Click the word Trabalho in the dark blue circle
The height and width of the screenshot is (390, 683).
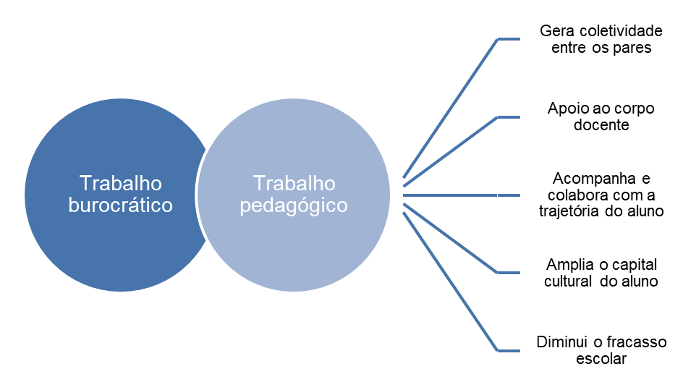[x=121, y=183]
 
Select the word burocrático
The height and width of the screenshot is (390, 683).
[x=121, y=205]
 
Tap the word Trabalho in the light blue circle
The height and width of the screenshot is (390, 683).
[x=294, y=183]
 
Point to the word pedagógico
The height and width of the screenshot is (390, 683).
[x=294, y=206]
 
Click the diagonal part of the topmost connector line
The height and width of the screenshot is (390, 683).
[x=451, y=108]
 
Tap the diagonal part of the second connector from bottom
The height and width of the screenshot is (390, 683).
[x=451, y=239]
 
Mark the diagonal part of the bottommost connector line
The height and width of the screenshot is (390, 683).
[x=451, y=282]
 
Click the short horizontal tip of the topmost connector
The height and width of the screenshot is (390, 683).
[x=509, y=39]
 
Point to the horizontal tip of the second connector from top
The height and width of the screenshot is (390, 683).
[x=509, y=117]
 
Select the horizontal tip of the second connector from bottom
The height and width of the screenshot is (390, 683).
[x=509, y=273]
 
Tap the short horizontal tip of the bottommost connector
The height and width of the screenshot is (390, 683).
[x=509, y=351]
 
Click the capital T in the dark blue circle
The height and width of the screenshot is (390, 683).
[x=85, y=183]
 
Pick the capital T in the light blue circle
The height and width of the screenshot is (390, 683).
[x=258, y=183]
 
